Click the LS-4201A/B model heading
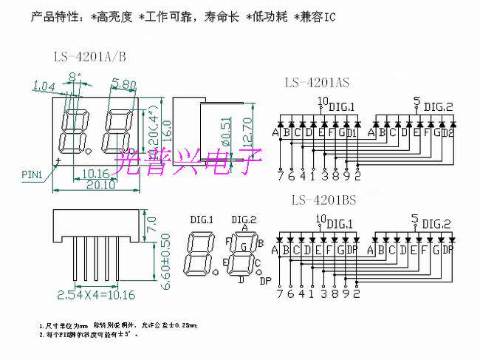click(x=89, y=56)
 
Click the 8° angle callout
click(x=74, y=76)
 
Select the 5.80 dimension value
click(x=123, y=85)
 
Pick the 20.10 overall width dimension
click(x=97, y=186)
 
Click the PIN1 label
click(x=30, y=174)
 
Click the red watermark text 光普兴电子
click(x=181, y=158)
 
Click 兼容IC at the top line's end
click(x=318, y=16)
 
